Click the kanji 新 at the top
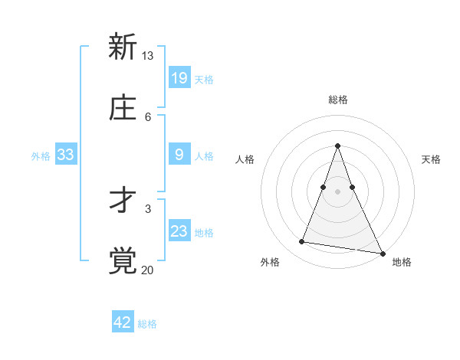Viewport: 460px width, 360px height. pos(123,47)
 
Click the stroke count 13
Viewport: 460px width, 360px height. pos(147,56)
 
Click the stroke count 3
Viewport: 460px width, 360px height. pos(147,208)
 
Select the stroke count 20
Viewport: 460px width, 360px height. pos(147,269)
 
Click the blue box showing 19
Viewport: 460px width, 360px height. pos(179,77)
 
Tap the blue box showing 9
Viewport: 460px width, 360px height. pos(179,155)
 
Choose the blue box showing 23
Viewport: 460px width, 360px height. pos(179,231)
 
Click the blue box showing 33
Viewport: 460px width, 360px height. pos(66,155)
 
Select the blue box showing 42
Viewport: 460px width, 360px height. pos(123,322)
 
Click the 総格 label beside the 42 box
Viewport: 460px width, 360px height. pos(147,324)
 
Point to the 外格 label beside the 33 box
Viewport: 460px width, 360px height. pos(41,155)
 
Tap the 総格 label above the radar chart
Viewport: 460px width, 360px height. pos(338,100)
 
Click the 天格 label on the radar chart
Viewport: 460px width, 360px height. pos(431,159)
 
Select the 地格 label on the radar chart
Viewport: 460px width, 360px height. pos(402,262)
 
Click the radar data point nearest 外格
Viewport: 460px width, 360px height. pos(302,242)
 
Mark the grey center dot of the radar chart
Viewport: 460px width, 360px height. pos(338,191)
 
